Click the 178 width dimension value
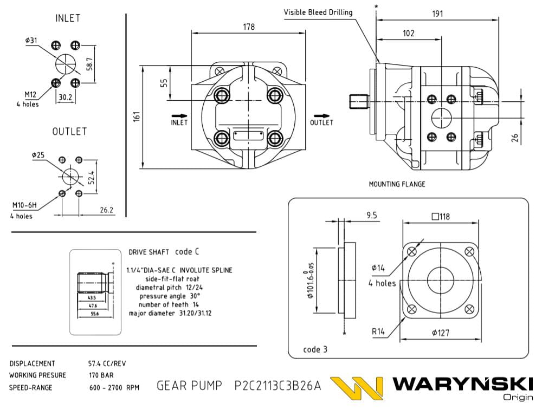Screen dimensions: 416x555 click(x=249, y=27)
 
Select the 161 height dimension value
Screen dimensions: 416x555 click(x=137, y=115)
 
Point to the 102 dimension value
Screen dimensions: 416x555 click(x=409, y=34)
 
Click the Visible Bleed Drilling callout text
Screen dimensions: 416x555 click(x=318, y=12)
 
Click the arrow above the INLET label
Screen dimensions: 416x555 click(x=179, y=115)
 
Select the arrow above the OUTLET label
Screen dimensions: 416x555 click(x=321, y=115)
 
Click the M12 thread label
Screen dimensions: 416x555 click(x=30, y=95)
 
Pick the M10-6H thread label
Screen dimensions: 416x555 click(x=24, y=205)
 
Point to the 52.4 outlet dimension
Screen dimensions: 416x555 click(x=92, y=177)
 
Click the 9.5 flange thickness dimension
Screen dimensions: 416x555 click(x=372, y=216)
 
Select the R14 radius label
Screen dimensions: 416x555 click(x=378, y=331)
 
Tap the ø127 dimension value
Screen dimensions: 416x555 click(x=440, y=333)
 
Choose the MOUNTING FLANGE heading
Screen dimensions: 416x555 click(x=397, y=184)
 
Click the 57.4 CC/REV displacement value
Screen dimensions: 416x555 click(x=107, y=363)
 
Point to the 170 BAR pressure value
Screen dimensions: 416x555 click(x=101, y=375)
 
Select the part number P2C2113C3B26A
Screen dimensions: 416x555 click(x=277, y=386)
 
